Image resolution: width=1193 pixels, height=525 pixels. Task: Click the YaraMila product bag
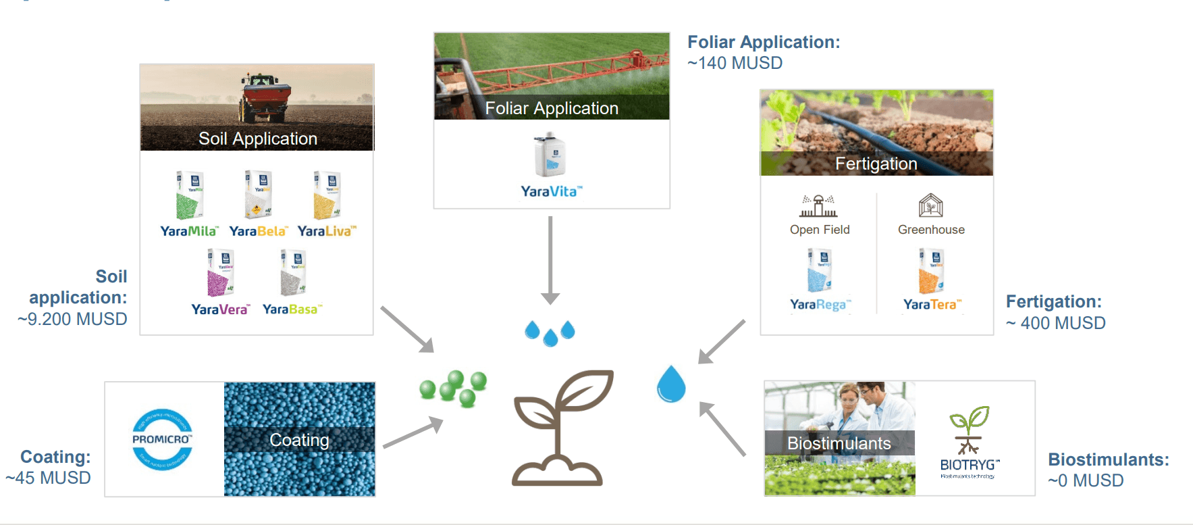tap(189, 195)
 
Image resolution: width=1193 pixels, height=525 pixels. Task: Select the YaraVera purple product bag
tap(220, 273)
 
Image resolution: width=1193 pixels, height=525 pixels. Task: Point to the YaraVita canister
tap(550, 156)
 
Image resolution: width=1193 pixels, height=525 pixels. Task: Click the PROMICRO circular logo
tap(162, 439)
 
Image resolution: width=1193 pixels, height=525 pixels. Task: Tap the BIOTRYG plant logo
tap(970, 430)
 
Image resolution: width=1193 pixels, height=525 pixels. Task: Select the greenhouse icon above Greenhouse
tap(930, 205)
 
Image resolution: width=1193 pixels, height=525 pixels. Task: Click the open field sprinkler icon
tap(818, 205)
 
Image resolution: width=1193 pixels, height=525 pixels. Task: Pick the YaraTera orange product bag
tap(931, 271)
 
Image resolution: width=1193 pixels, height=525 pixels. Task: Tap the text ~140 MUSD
tap(735, 63)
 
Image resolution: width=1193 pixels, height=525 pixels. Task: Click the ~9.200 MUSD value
tap(72, 319)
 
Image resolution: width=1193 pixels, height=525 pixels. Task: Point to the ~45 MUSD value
tap(48, 478)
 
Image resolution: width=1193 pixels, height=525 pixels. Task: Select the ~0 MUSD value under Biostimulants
tap(1086, 480)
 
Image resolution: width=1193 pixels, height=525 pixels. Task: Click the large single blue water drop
tap(671, 384)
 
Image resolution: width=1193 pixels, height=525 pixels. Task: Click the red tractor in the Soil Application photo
tap(265, 95)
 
